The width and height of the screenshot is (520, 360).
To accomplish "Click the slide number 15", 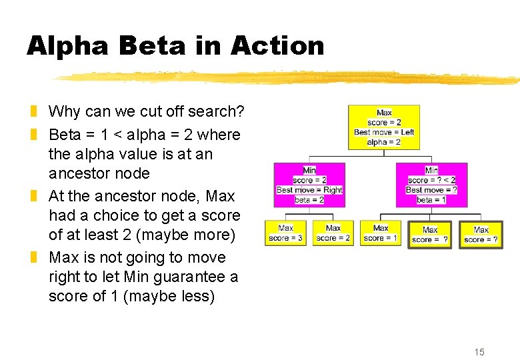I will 479,352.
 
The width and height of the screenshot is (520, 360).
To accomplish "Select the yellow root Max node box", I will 384,127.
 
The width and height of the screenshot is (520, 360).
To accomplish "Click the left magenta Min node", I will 309,185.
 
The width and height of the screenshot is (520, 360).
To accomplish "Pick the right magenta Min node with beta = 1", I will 431,185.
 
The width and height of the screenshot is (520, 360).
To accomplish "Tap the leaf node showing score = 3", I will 285,233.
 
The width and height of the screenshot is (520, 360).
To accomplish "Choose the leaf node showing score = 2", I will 333,233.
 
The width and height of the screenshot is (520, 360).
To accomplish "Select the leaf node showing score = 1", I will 381,233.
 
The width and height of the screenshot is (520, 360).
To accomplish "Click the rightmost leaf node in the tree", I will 481,235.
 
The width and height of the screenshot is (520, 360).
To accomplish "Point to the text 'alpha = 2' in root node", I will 384,142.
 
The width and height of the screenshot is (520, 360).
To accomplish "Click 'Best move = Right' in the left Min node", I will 309,190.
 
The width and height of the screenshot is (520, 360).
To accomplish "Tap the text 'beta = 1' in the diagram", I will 431,200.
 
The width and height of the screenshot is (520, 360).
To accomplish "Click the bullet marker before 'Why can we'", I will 33,111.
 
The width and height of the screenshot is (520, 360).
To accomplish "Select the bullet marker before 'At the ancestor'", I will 33,196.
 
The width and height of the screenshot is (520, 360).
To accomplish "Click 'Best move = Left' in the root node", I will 384,132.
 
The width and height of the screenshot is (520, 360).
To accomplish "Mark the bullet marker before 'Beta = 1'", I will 33,135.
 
